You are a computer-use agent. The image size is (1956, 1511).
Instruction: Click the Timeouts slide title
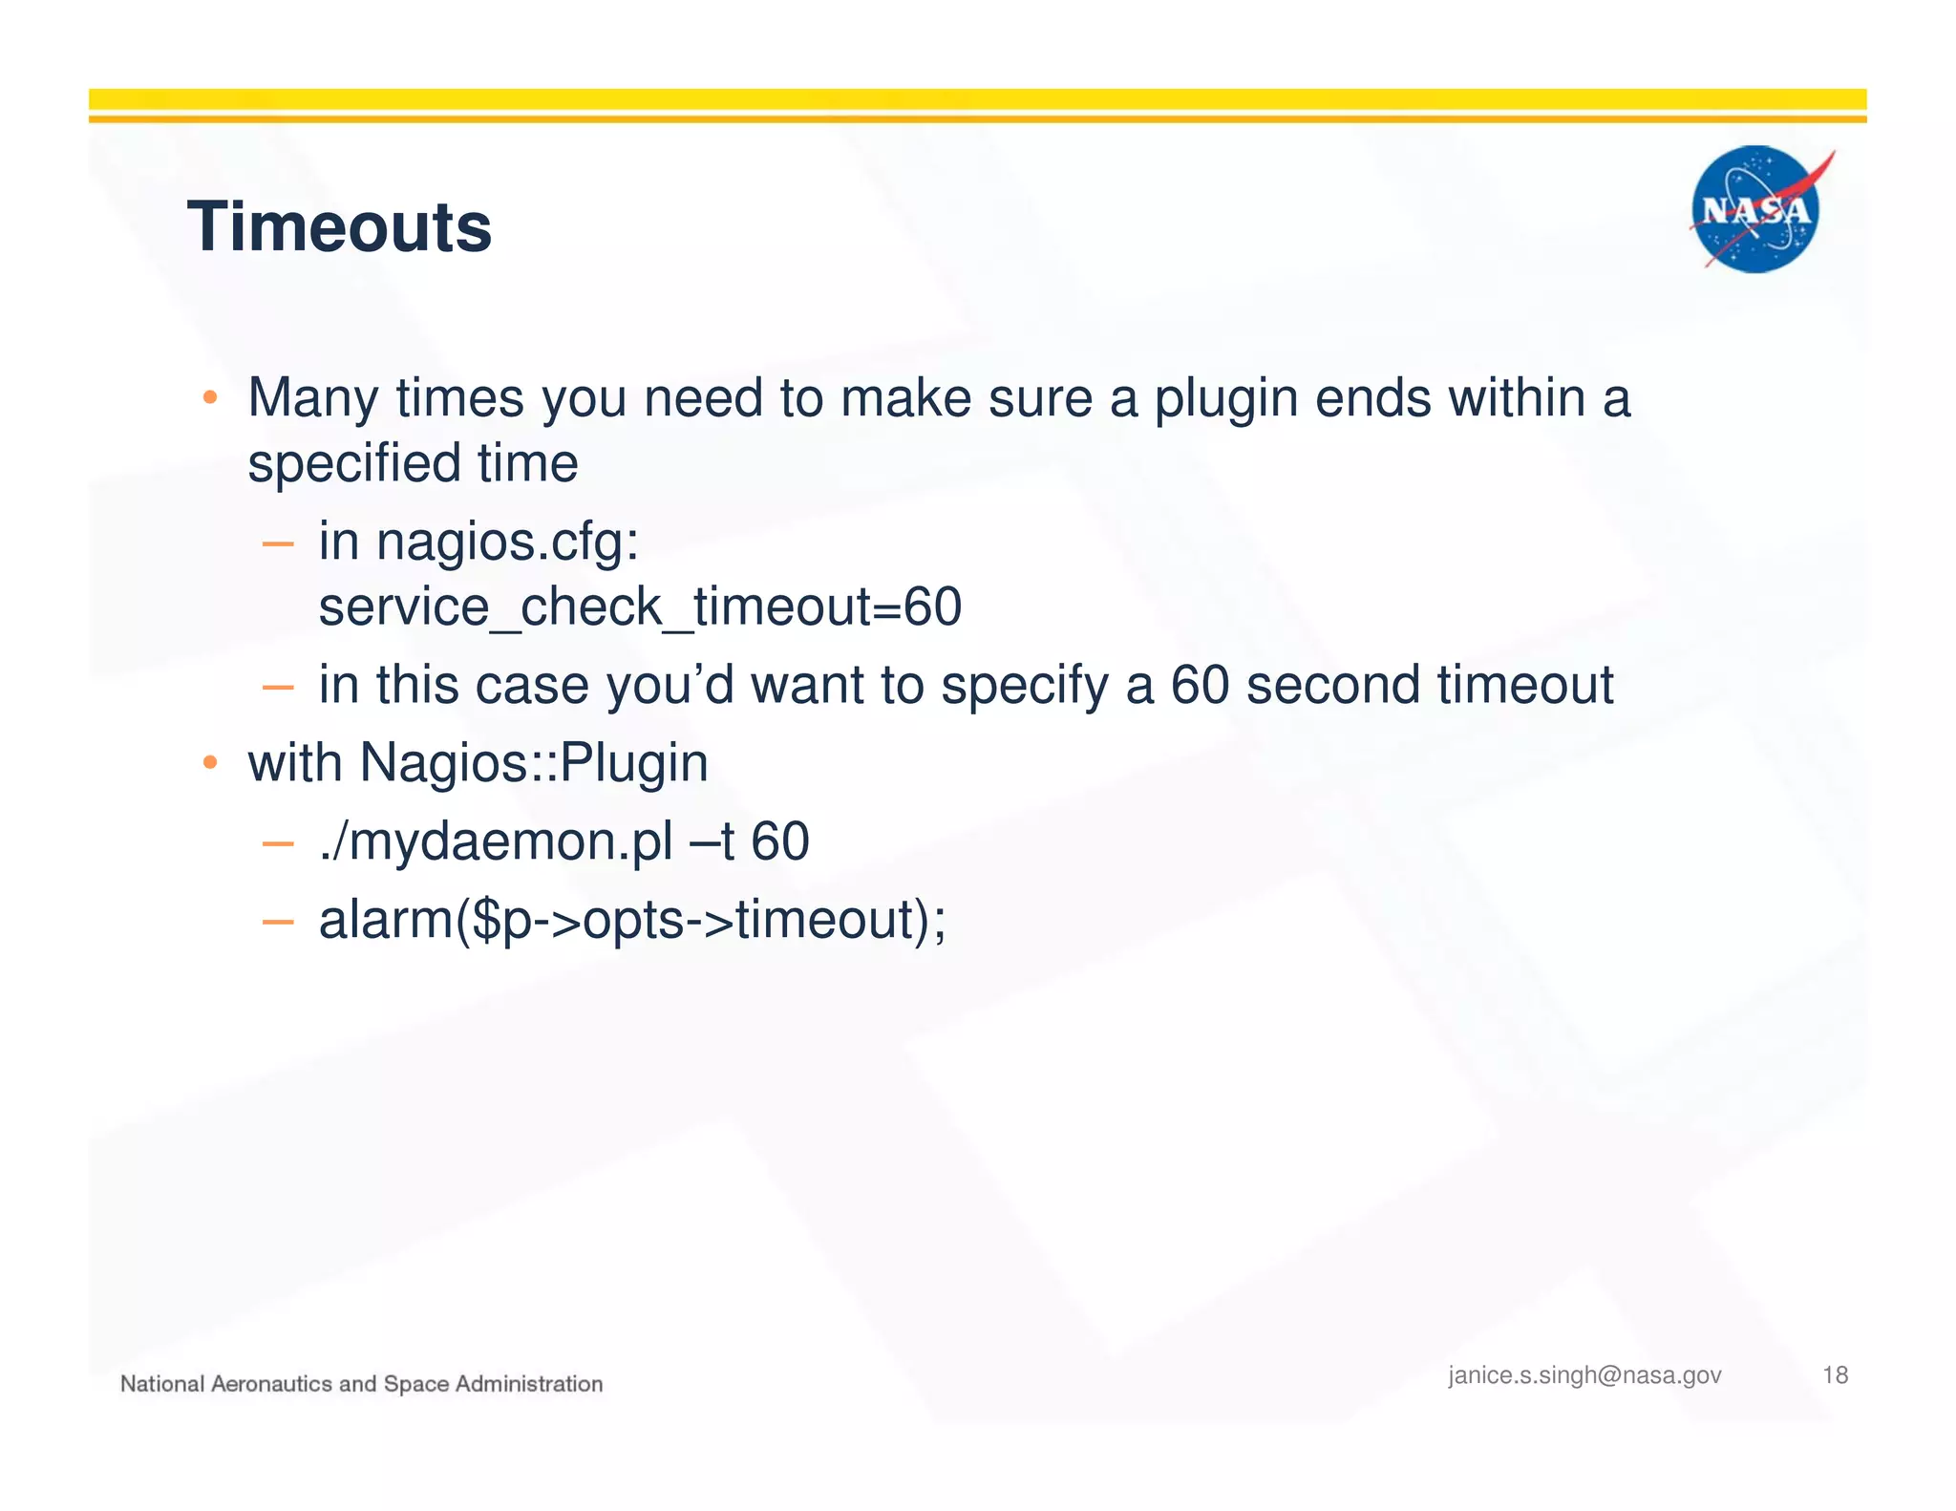point(339,227)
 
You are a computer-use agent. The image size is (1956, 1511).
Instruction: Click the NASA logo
point(1755,209)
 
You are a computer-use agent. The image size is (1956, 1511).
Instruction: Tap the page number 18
point(1835,1374)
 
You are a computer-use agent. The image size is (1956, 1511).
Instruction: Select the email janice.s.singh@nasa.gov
point(1584,1374)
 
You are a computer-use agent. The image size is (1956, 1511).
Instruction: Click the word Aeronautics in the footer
point(270,1384)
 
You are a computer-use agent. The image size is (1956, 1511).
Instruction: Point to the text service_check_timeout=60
point(640,607)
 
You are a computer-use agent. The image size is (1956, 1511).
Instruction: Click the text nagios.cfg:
point(507,542)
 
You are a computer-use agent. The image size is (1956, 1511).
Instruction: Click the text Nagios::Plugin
point(534,763)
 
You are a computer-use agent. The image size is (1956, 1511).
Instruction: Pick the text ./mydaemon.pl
point(496,841)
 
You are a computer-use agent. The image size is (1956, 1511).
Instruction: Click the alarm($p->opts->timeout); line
point(632,920)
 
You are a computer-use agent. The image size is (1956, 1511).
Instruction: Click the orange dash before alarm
point(277,922)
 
